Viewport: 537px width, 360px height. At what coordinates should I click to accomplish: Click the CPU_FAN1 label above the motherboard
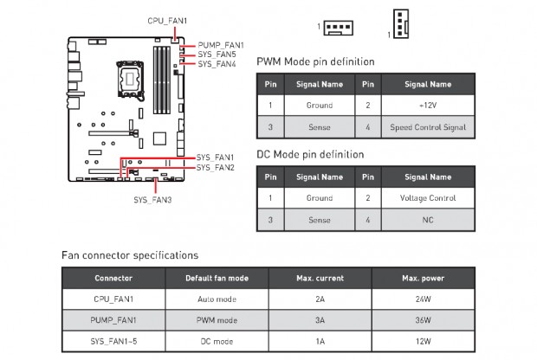tap(167, 20)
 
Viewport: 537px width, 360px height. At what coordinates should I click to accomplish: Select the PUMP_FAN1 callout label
tap(221, 44)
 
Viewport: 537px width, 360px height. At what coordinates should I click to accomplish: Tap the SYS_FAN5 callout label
tap(217, 54)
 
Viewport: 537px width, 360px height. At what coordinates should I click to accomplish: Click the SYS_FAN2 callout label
tap(216, 167)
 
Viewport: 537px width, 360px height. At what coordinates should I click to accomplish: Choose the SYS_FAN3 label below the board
tap(152, 200)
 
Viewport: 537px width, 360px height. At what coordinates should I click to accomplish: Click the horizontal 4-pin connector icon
tap(339, 27)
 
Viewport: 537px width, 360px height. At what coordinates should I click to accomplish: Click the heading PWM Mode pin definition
tap(316, 62)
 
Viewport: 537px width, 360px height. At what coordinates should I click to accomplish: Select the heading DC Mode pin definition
tap(310, 154)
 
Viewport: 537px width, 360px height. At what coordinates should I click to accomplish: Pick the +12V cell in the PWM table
tap(428, 106)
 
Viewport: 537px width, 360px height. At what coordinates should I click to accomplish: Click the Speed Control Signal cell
tap(428, 127)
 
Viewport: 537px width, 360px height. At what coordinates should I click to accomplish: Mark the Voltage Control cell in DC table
tap(428, 197)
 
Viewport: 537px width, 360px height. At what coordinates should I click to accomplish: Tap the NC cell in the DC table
tap(428, 220)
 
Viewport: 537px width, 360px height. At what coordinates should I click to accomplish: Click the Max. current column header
tap(320, 279)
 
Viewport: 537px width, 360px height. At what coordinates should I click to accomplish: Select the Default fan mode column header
tap(217, 279)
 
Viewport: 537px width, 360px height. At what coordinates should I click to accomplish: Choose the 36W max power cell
tap(423, 320)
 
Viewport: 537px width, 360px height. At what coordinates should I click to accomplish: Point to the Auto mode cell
tap(217, 299)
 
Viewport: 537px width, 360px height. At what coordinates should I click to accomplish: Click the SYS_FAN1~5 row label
tap(113, 341)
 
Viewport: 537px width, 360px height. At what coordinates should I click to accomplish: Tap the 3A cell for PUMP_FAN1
tap(320, 320)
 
